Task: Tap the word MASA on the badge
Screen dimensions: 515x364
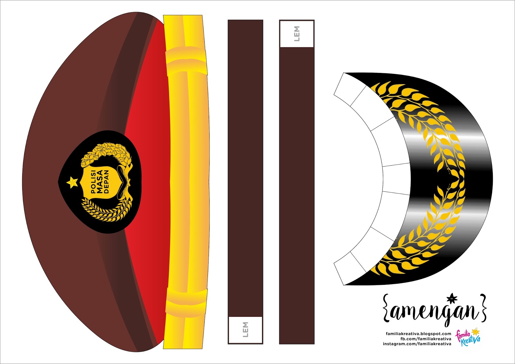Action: (x=100, y=182)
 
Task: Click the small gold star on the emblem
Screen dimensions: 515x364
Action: (x=72, y=182)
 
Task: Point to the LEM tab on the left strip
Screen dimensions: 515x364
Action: (x=245, y=330)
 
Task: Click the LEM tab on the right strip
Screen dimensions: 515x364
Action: (x=297, y=34)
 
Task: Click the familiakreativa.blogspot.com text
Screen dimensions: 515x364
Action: (x=418, y=334)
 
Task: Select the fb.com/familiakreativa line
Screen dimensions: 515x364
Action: (x=426, y=339)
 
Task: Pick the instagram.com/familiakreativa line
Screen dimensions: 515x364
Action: (x=417, y=344)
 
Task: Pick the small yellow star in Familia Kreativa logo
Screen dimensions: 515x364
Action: (x=475, y=331)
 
